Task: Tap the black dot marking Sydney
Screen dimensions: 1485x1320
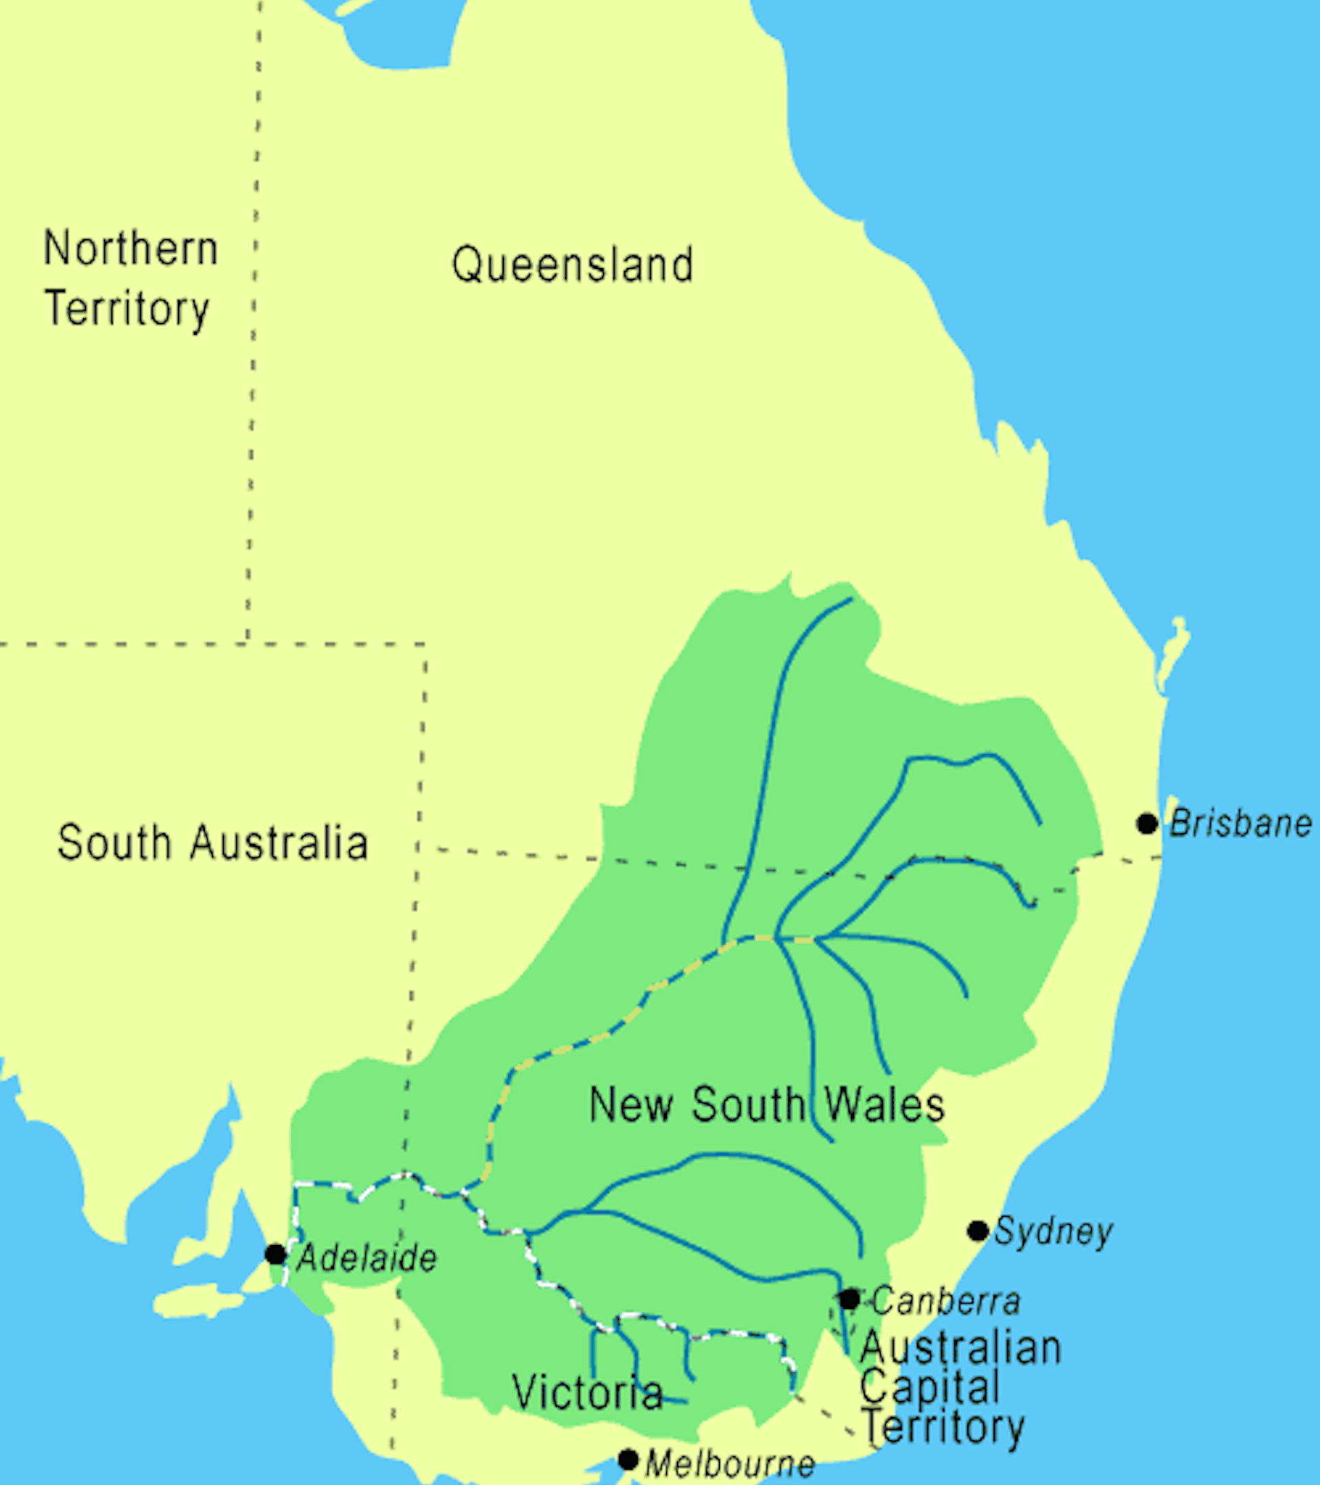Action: pos(978,1231)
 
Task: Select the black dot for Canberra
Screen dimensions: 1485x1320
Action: pos(848,1298)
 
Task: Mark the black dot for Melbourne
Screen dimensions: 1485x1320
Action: pos(628,1459)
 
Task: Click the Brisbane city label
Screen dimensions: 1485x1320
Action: pos(1240,824)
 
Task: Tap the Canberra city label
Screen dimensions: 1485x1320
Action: pos(946,1301)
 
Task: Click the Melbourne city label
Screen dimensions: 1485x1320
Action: pos(729,1463)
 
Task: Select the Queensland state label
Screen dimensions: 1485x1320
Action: pos(573,265)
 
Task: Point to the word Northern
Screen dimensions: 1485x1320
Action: pos(131,248)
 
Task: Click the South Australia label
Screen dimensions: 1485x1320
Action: pos(213,843)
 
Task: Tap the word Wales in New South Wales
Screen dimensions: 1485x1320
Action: pos(884,1104)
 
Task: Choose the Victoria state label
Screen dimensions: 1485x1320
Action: pos(587,1392)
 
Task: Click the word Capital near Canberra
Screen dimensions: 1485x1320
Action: pos(930,1386)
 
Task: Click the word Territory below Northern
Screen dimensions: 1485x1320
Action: pos(128,309)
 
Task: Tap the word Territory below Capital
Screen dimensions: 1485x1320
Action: pos(943,1427)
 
